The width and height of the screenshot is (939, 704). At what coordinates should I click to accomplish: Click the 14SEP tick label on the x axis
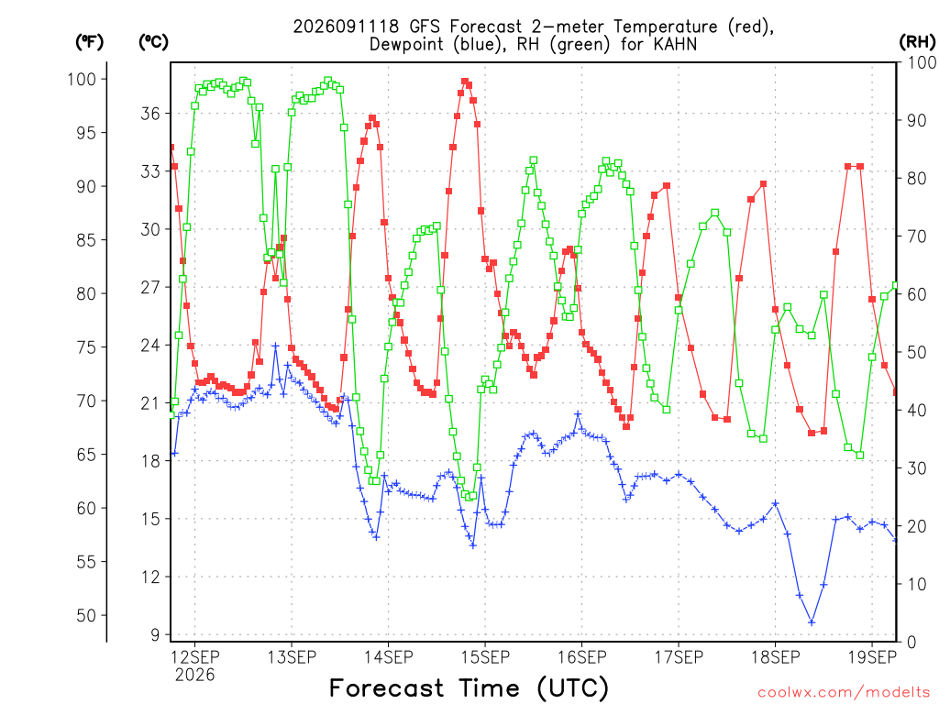coord(389,657)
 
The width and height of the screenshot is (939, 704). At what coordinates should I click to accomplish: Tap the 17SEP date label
coord(679,657)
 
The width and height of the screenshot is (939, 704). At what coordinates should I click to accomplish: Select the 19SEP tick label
coord(872,657)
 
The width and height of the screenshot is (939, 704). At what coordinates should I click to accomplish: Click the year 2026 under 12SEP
coord(194,676)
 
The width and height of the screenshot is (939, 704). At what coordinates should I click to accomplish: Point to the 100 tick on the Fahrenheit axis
coord(82,79)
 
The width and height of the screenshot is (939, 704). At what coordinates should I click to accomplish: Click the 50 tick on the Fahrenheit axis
coord(86,615)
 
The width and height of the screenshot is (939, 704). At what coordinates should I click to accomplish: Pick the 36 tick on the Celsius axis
coord(151,113)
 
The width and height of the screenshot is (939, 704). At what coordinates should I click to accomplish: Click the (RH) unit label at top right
coord(917,42)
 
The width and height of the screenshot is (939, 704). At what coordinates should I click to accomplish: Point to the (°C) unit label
coord(153,42)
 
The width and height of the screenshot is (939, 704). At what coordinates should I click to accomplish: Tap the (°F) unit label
coord(89,42)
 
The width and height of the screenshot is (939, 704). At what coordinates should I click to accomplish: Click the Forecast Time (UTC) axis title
coord(469,688)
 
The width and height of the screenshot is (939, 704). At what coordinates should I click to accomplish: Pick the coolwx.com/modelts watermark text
coord(844,693)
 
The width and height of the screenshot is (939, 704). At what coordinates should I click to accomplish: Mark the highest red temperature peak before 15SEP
coord(465,82)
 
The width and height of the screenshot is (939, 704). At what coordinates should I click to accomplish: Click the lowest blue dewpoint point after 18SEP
coord(812,622)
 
